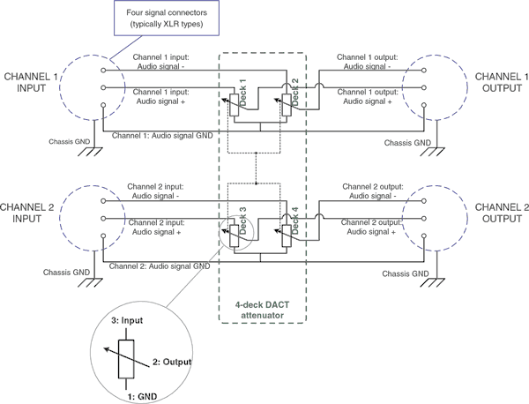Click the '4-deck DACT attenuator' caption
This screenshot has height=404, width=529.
[x=263, y=309]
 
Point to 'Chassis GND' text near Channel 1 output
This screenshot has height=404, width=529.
[x=409, y=141]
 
